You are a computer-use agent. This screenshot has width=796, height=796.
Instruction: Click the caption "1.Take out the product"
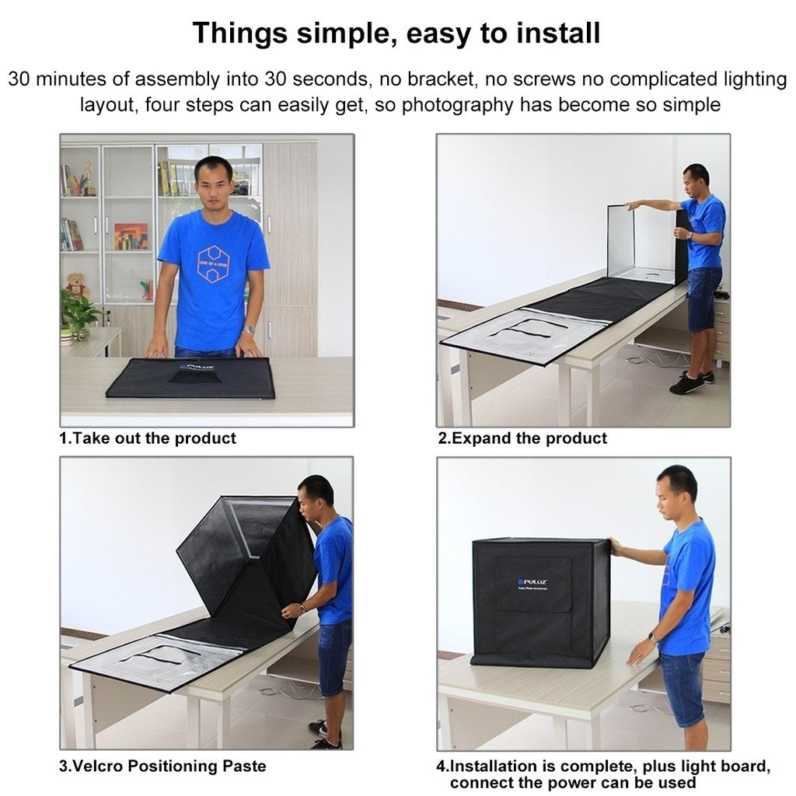coord(148,438)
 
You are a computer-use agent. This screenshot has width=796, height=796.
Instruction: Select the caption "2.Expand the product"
coord(522,438)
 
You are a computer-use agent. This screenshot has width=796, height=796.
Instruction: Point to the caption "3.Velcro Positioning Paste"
coord(162,766)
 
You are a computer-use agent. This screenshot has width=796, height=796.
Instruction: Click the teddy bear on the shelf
coord(76,285)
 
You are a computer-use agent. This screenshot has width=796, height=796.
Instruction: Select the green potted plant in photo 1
coord(79,312)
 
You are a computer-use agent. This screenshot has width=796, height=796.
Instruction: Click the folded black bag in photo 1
coord(190,378)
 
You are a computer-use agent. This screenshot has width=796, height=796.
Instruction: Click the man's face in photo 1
coord(213,182)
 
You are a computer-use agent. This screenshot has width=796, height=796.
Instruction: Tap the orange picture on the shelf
coord(131,236)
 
